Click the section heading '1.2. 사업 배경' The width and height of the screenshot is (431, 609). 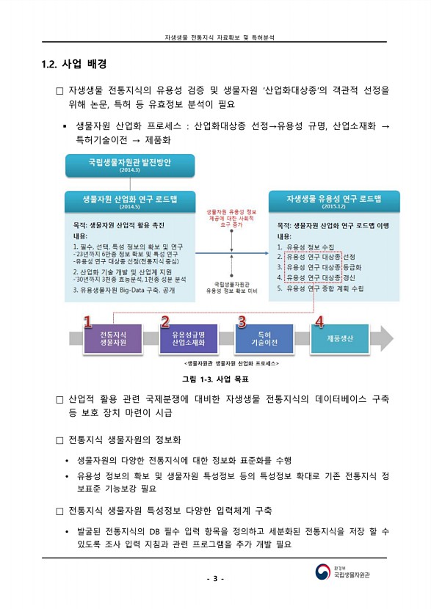(x=75, y=63)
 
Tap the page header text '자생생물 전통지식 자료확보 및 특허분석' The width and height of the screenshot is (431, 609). (x=215, y=37)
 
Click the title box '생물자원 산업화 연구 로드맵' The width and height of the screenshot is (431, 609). (x=129, y=201)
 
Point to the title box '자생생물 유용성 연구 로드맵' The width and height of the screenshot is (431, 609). (x=333, y=200)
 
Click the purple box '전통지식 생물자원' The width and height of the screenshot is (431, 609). (x=112, y=338)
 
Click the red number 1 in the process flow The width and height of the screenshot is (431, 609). (x=87, y=321)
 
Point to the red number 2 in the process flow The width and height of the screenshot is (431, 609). (x=165, y=321)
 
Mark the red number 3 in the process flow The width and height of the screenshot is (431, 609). (x=241, y=321)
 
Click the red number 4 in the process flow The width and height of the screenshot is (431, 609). (x=319, y=321)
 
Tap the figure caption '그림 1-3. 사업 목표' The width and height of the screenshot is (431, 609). (x=215, y=379)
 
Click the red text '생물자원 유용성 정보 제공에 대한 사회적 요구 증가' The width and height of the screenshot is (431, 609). (x=231, y=215)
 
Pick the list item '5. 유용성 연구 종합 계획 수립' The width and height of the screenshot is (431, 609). (x=320, y=288)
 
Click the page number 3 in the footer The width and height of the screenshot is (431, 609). (x=215, y=580)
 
